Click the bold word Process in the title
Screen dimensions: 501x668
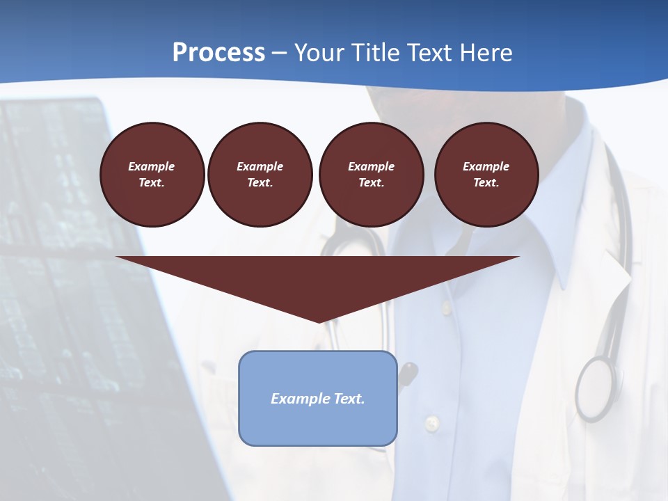coord(218,53)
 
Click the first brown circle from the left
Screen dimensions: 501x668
coord(152,175)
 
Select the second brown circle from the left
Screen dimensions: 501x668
coord(260,175)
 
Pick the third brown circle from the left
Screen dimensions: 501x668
coord(371,175)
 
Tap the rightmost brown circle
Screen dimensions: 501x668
coord(486,175)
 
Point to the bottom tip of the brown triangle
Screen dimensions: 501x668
coord(319,321)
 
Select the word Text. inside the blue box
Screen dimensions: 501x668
coord(350,399)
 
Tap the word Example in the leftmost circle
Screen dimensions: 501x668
coord(152,167)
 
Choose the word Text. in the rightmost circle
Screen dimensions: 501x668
coord(486,183)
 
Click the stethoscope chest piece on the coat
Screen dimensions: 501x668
coord(595,386)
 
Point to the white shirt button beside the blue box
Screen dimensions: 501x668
coord(432,422)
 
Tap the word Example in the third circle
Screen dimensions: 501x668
coord(371,167)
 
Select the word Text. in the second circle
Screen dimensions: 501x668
coord(260,183)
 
